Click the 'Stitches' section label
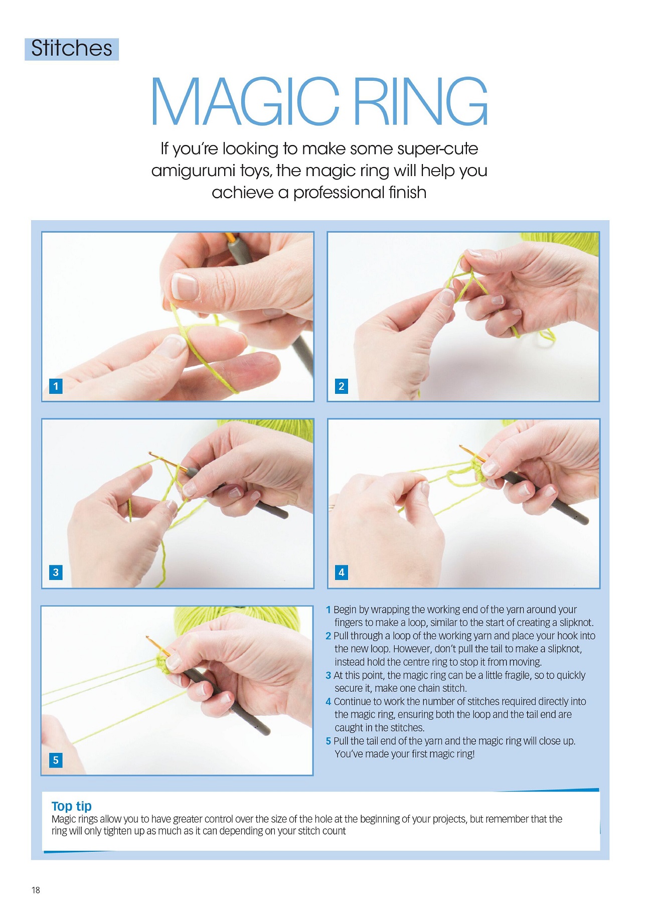tap(72, 49)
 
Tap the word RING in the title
tap(421, 102)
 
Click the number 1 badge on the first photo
tap(56, 386)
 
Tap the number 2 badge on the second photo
tap(342, 386)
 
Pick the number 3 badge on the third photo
tap(56, 572)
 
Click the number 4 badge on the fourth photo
tap(342, 572)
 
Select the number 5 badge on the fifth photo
tap(56, 759)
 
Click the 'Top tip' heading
tap(71, 806)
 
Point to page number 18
tap(36, 890)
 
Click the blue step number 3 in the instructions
tap(328, 675)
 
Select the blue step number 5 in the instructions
tap(328, 741)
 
